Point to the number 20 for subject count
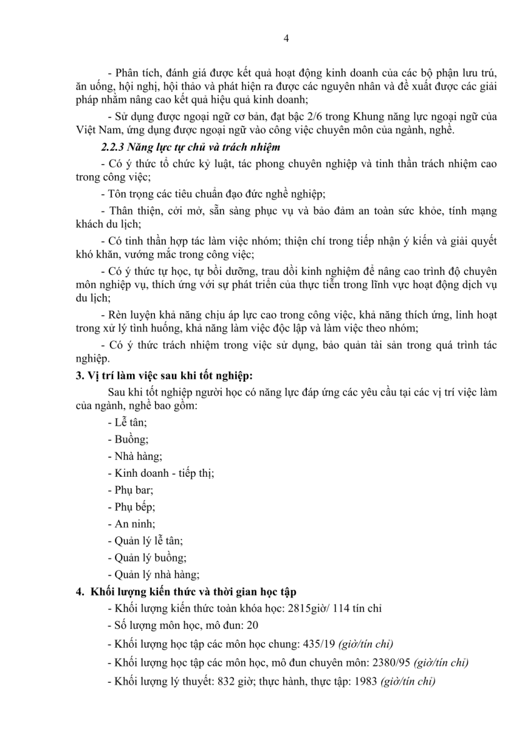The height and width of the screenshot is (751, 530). click(252, 625)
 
